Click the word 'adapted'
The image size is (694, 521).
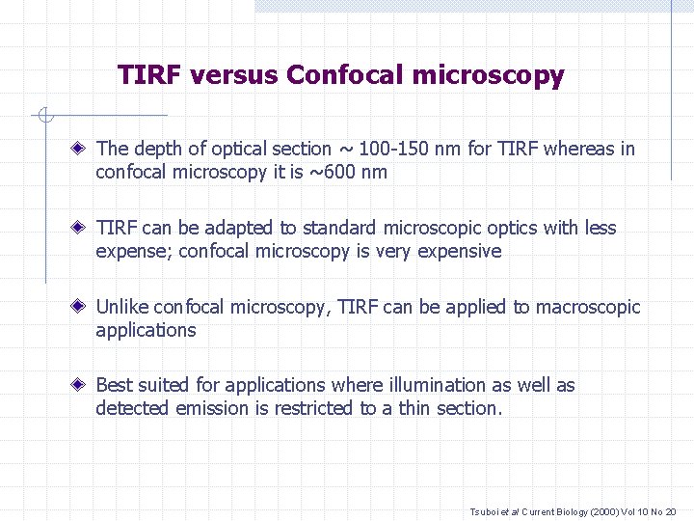coord(237,228)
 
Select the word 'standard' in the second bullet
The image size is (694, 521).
coord(340,228)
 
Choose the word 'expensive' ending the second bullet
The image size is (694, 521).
coord(462,251)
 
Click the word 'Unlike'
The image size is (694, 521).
coord(122,307)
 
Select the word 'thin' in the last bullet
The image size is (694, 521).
coord(414,408)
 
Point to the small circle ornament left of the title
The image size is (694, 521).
coord(44,117)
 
